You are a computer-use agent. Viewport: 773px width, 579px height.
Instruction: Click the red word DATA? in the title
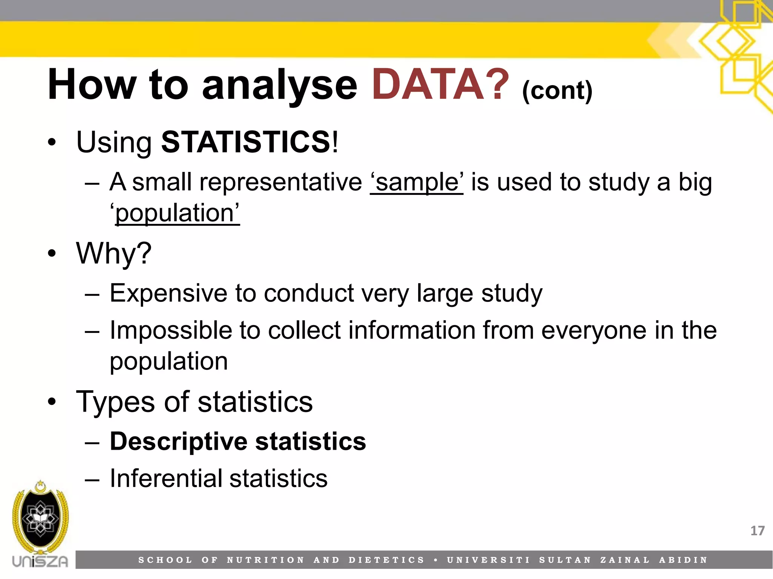(x=440, y=85)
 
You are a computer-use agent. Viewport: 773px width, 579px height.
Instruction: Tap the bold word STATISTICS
(x=246, y=142)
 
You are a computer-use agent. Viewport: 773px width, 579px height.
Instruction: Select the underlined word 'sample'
(x=416, y=182)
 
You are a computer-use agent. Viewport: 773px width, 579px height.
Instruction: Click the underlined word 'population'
(x=177, y=213)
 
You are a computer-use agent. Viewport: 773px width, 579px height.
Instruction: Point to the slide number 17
(x=757, y=531)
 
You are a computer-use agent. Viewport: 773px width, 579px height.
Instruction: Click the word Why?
(x=114, y=253)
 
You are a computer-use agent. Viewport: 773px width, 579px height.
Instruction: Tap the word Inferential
(x=166, y=478)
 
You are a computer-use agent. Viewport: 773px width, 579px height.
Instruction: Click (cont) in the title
(x=557, y=90)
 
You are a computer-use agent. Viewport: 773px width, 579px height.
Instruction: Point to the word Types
(x=115, y=402)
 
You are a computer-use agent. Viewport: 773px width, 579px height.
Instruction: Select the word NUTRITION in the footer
(x=266, y=560)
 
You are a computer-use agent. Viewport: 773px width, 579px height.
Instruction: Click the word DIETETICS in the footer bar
(x=386, y=560)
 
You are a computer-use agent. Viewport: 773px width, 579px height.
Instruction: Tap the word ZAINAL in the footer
(x=625, y=560)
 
